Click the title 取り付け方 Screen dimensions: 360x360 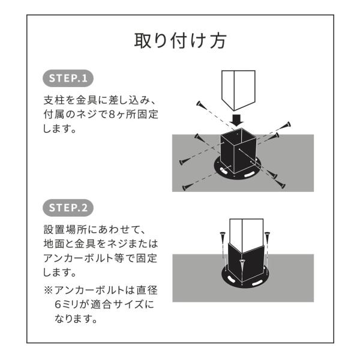[x=180, y=41]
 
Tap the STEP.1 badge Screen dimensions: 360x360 [x=68, y=78]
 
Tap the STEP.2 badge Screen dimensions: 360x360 [x=68, y=208]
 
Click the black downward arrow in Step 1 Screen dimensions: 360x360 [x=237, y=121]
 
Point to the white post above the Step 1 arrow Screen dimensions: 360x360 [x=238, y=90]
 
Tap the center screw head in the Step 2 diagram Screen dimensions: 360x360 [x=242, y=262]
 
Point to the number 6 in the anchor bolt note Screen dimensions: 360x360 [x=58, y=304]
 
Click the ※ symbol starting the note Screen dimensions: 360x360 [x=48, y=290]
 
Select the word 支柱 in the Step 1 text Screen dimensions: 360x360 [x=54, y=100]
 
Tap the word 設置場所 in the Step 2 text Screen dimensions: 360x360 [x=65, y=230]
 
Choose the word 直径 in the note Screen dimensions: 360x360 [x=147, y=290]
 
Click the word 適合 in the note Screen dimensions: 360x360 [x=101, y=304]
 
